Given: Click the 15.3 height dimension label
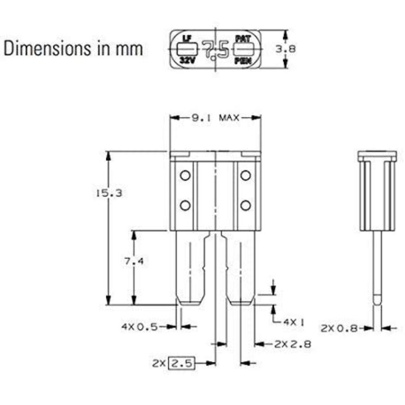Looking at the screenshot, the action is [109, 193].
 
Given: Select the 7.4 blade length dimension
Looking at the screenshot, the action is [134, 262].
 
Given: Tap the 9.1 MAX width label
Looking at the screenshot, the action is [215, 118].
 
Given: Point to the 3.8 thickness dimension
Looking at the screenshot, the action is [285, 49].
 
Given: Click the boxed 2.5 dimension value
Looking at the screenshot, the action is [181, 363].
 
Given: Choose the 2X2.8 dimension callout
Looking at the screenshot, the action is [292, 344].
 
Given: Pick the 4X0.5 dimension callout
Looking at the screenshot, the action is [139, 327].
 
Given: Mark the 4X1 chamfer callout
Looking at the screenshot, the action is [294, 322].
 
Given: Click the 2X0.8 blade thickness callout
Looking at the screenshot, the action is [339, 328].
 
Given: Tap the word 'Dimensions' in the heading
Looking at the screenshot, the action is [47, 48].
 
